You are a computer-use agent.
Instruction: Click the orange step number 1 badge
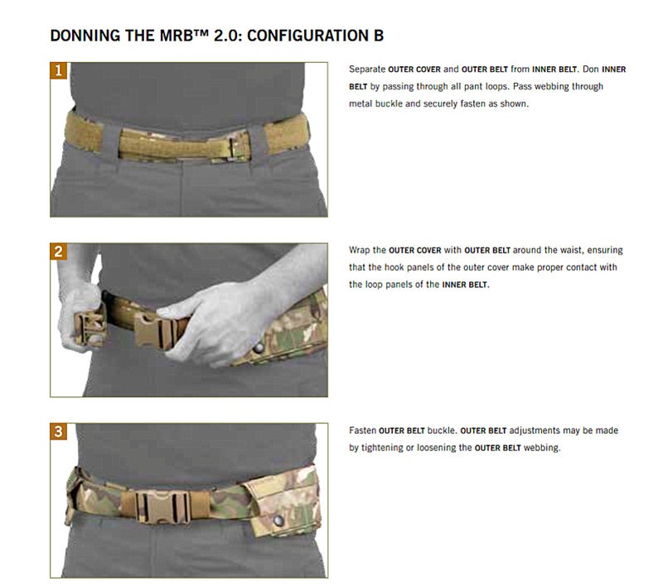tap(58, 70)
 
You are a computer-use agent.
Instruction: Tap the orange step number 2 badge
tap(58, 251)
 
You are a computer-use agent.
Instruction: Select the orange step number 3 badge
tap(58, 431)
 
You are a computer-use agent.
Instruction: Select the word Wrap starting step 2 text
tap(361, 250)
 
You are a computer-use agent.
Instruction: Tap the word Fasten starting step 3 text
tap(363, 430)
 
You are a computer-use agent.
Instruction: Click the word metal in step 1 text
tap(361, 104)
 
